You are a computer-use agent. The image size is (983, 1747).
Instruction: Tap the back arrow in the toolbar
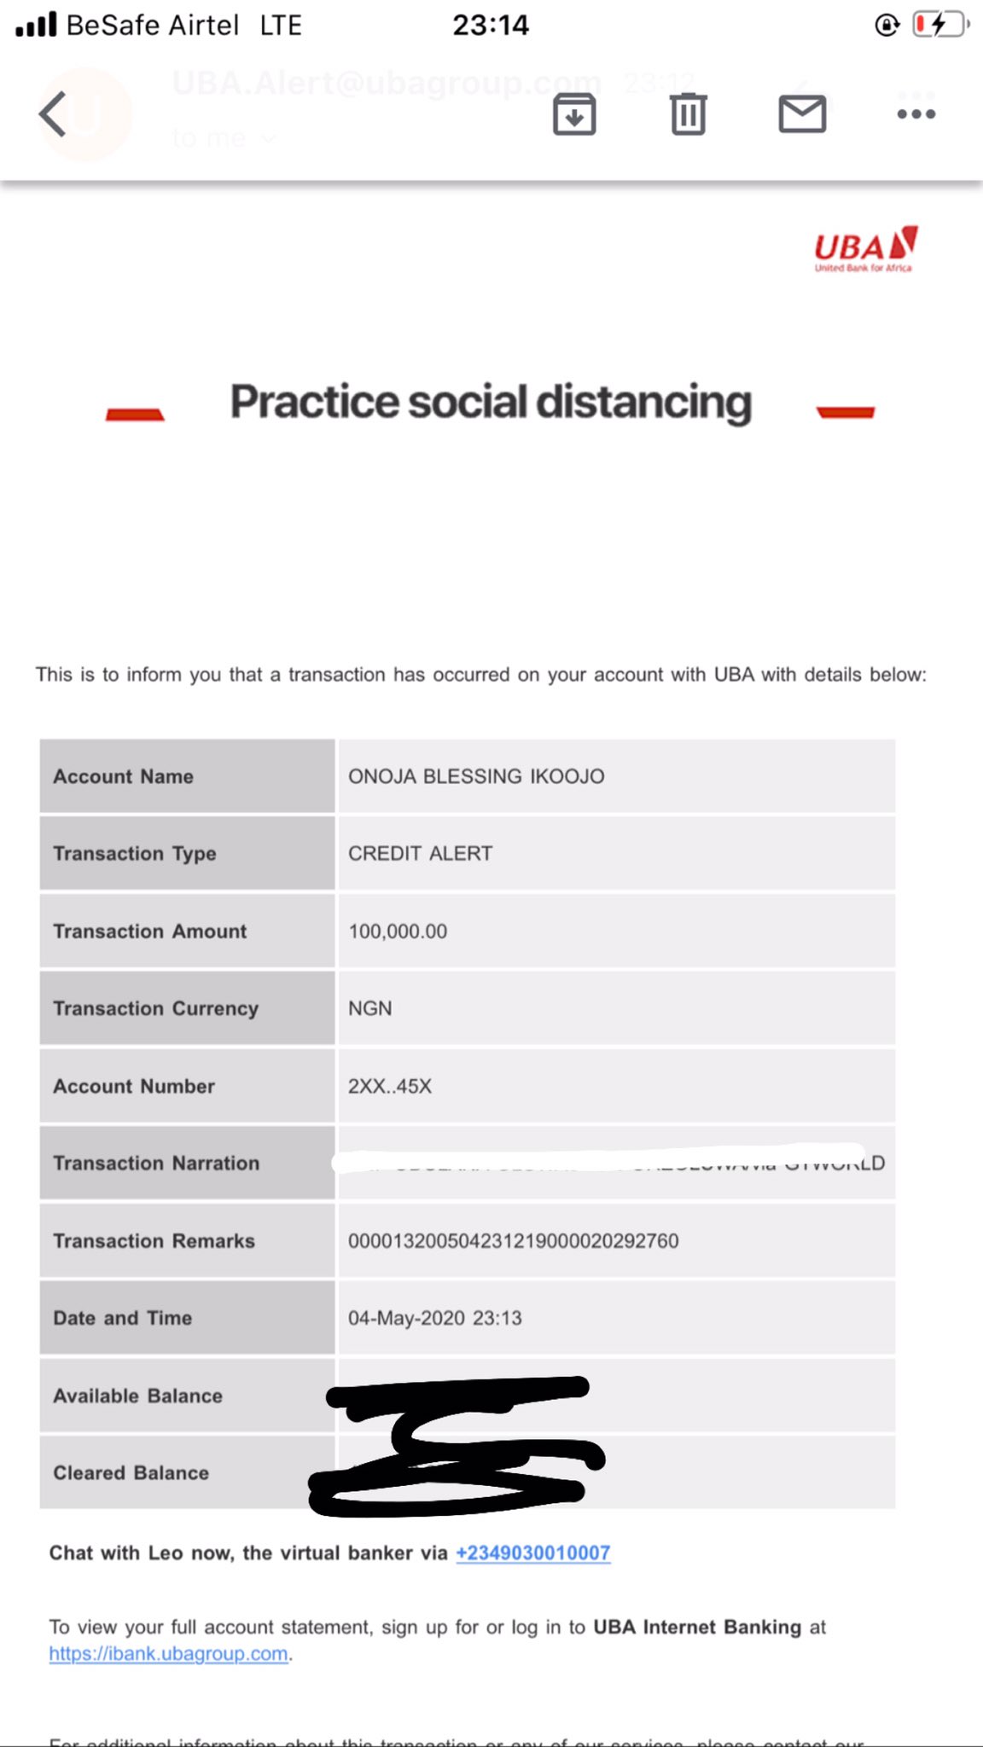point(53,114)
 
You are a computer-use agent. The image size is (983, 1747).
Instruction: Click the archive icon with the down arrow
point(574,114)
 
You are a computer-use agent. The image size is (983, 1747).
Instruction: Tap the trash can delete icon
point(688,114)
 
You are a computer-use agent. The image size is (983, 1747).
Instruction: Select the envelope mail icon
point(802,114)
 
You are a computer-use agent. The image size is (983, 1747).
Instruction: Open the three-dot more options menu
point(916,114)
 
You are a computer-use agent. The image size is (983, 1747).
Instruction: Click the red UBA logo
point(865,248)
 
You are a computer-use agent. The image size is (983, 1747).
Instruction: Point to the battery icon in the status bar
point(939,25)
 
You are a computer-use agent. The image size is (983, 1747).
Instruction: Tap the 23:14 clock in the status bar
point(491,26)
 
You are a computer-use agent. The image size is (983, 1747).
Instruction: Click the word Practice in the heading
point(314,402)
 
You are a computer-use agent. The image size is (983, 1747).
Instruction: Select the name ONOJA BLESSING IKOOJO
point(476,776)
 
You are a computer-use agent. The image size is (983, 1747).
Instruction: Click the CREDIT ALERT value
point(420,854)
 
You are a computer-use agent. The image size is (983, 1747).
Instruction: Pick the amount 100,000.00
point(398,932)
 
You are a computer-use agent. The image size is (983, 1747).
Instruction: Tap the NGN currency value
point(370,1008)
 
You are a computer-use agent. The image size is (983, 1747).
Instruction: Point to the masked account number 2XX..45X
point(390,1086)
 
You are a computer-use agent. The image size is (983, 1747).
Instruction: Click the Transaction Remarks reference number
point(513,1241)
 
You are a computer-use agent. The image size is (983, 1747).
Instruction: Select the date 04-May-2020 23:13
point(434,1318)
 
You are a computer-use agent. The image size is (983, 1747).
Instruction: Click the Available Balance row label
point(138,1396)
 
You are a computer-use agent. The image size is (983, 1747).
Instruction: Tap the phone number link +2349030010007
point(533,1553)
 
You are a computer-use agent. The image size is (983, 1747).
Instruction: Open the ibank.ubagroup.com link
point(168,1653)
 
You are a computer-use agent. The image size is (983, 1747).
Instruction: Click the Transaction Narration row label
point(156,1164)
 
